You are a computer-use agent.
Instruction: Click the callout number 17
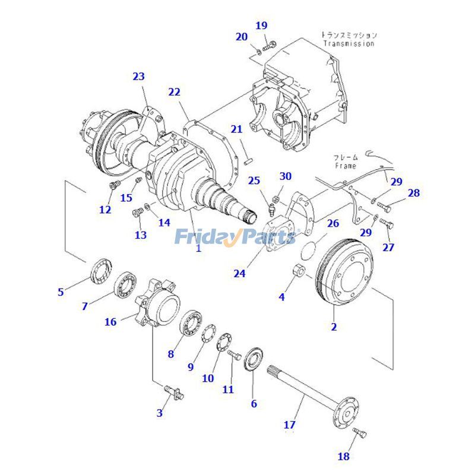pos(289,425)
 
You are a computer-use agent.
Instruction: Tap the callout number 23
pos(138,77)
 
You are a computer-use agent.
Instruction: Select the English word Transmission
pos(349,43)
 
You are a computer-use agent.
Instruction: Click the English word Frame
pos(345,166)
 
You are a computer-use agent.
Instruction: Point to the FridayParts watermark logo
pos(235,237)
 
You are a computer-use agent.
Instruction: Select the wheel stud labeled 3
pos(173,391)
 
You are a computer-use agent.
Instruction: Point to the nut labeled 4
pos(300,272)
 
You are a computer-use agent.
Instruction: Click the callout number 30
pos(286,176)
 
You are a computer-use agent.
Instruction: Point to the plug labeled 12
pos(113,188)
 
